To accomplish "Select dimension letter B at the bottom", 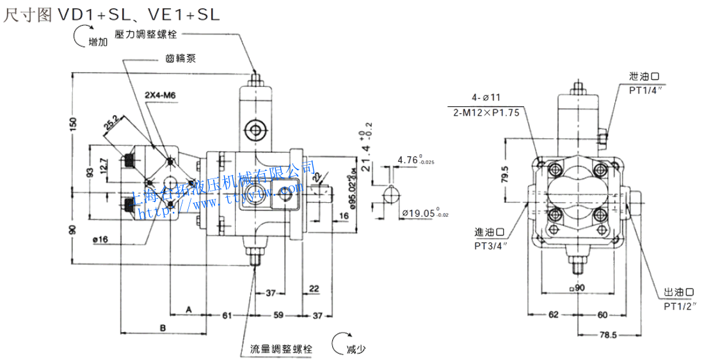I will (163, 328).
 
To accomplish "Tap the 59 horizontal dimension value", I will (278, 315).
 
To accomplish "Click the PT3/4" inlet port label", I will (490, 245).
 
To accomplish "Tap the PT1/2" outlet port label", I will (678, 306).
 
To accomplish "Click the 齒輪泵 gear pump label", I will (180, 59).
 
